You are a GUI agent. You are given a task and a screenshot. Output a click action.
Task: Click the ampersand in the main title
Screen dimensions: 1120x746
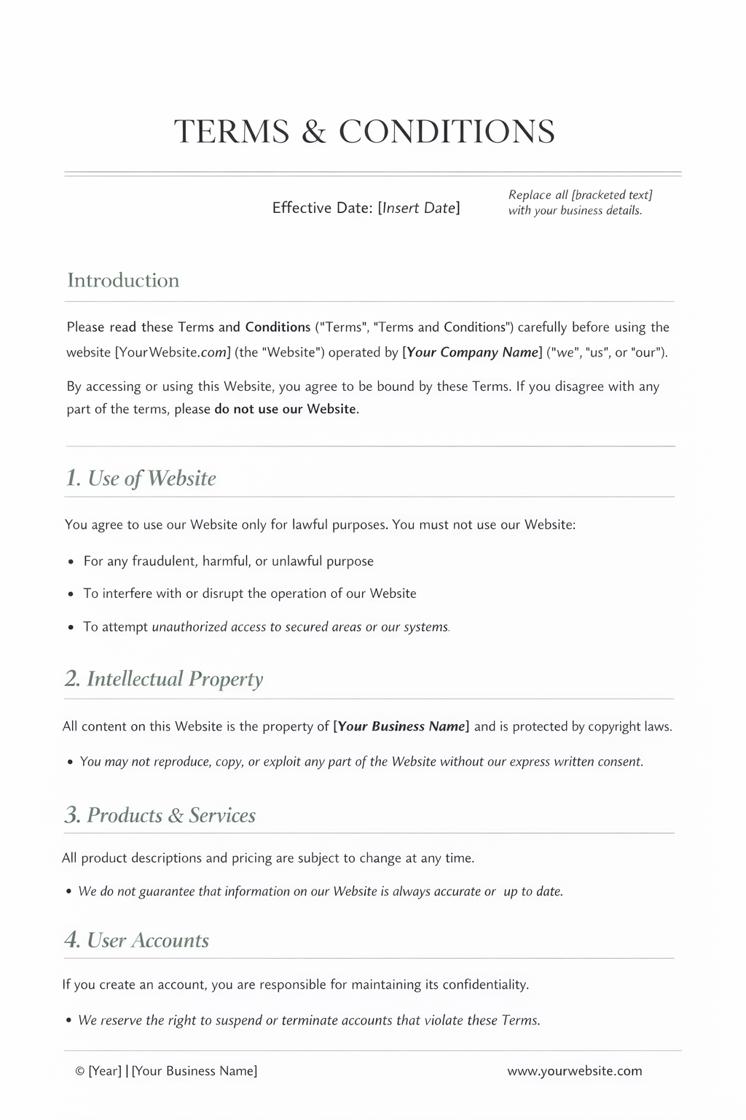[x=313, y=132]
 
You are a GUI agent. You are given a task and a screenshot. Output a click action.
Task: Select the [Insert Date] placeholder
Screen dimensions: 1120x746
[x=419, y=208]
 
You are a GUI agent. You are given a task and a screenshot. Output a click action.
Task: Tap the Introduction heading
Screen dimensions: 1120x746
[x=123, y=281]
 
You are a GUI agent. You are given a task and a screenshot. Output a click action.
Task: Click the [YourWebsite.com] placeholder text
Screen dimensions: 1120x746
[x=173, y=353]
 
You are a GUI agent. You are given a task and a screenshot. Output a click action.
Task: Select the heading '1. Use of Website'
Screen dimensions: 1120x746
[x=141, y=478]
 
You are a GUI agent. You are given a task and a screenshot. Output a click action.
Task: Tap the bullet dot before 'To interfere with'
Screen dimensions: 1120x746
[x=71, y=594]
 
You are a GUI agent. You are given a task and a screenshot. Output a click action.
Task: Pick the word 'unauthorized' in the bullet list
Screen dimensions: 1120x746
[x=189, y=627]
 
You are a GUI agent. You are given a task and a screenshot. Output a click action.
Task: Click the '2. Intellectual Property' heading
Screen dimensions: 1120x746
[x=163, y=679]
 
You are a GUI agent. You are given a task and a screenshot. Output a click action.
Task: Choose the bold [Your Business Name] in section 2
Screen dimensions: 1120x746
[x=401, y=726]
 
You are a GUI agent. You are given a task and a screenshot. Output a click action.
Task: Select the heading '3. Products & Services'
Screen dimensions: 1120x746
[x=160, y=815]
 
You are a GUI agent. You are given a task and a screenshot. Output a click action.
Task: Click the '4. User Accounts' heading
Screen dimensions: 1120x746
[x=136, y=941]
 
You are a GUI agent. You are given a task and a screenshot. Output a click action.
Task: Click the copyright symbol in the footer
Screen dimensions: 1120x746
[x=79, y=1071]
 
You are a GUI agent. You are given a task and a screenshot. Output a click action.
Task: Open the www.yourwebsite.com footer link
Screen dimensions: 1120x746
[x=575, y=1071]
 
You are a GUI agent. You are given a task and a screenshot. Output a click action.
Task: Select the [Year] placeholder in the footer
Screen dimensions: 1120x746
[x=105, y=1071]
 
